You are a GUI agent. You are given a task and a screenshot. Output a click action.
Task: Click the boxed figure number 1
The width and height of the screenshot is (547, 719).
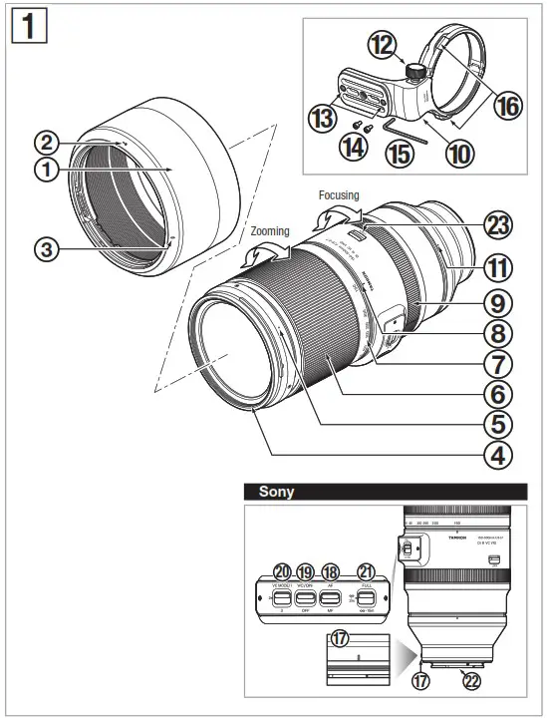tap(28, 26)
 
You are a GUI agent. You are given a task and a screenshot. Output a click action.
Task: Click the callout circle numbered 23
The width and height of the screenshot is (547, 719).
tap(497, 225)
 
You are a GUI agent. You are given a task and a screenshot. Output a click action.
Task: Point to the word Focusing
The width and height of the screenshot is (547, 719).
tap(339, 195)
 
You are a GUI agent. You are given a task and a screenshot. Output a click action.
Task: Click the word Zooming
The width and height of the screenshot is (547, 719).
tap(269, 231)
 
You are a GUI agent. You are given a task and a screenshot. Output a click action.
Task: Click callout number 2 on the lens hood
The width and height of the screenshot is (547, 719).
tap(45, 142)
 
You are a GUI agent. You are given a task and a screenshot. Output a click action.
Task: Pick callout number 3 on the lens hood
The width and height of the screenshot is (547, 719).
tap(45, 249)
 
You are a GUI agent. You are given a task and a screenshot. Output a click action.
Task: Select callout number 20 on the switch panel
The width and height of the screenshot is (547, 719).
tap(283, 572)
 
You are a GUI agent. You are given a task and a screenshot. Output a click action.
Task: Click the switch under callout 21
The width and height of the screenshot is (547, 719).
tap(366, 598)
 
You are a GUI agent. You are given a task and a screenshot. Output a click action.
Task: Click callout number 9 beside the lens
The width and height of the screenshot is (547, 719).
tap(497, 298)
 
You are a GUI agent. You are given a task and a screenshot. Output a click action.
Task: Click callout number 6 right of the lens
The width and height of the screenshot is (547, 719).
tap(497, 392)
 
